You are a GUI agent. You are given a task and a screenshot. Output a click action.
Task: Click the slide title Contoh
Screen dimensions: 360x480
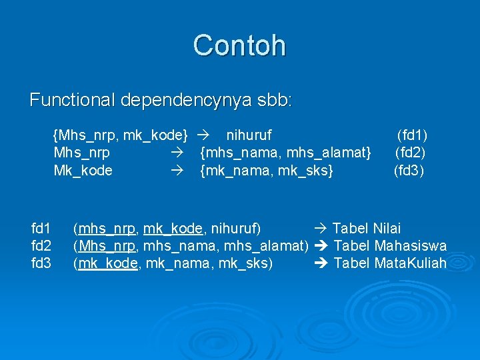click(239, 45)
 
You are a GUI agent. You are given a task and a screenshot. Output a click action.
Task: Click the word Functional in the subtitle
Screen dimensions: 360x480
click(72, 101)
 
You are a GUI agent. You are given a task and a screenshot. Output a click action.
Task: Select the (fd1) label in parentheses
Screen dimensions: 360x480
click(412, 135)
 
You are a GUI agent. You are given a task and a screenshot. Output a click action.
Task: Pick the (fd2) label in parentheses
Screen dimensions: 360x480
click(411, 153)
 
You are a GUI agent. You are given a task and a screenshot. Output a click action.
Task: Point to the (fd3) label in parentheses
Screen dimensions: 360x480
click(409, 171)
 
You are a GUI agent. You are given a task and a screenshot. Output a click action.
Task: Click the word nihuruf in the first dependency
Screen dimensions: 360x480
click(249, 135)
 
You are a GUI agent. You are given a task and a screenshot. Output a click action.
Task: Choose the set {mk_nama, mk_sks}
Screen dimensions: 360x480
click(267, 171)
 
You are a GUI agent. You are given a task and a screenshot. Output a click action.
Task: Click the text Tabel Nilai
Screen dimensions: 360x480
click(367, 229)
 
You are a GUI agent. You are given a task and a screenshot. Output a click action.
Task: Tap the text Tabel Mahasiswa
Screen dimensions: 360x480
click(390, 246)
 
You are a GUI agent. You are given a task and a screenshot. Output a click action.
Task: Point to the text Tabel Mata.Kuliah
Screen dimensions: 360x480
click(390, 263)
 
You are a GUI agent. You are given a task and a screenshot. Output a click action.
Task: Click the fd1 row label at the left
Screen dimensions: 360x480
click(41, 229)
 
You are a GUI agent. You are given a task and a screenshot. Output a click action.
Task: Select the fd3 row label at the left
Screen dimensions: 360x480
click(41, 263)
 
